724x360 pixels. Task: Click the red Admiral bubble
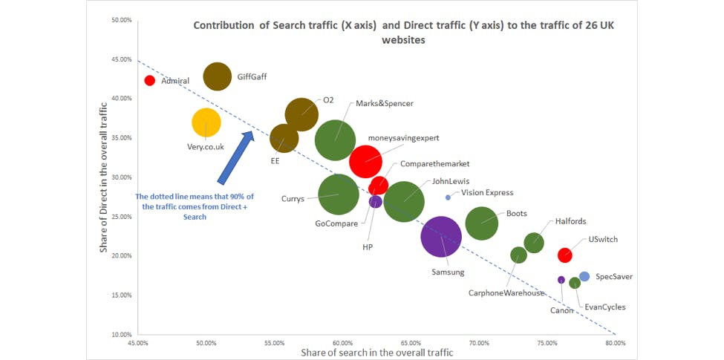pos(149,80)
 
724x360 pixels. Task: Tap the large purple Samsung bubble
pos(441,236)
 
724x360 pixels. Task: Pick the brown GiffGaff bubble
pos(218,76)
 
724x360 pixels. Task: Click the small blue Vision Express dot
pos(448,197)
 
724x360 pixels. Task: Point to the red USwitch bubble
pos(565,255)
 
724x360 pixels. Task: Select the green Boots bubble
pos(481,223)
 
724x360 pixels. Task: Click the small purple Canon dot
pos(561,280)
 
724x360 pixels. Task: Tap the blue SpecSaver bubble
pos(584,276)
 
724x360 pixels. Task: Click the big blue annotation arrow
pos(236,156)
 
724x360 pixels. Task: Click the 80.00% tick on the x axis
pos(615,343)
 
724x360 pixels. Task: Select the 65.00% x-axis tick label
pos(410,343)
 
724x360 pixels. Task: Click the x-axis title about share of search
pos(376,353)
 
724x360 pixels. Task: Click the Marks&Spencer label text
pos(384,104)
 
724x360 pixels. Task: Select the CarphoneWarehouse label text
pos(506,292)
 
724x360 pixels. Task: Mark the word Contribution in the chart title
pos(224,25)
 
